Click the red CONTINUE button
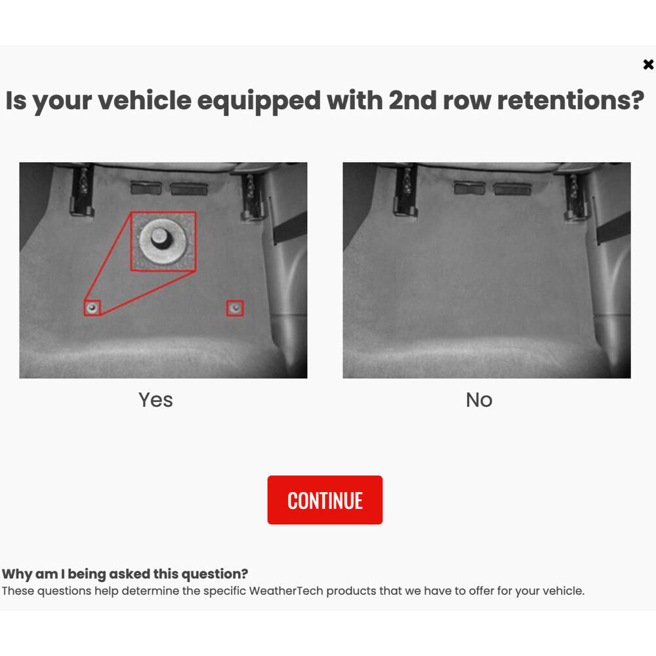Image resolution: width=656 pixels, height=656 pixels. coord(325,500)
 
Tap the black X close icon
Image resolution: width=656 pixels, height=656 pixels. coord(648,64)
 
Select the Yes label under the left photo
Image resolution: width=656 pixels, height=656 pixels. coord(155,400)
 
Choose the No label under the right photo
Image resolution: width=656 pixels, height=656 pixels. coord(479,400)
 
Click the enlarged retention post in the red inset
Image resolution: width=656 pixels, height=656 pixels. coord(161,241)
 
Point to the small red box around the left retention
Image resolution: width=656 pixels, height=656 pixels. coord(92,307)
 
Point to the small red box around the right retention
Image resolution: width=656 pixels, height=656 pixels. coord(235,308)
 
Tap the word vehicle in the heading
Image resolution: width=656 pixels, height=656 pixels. coord(144,100)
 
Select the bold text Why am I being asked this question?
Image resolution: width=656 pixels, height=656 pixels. coord(125,574)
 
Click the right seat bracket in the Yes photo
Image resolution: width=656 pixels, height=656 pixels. coord(252,195)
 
